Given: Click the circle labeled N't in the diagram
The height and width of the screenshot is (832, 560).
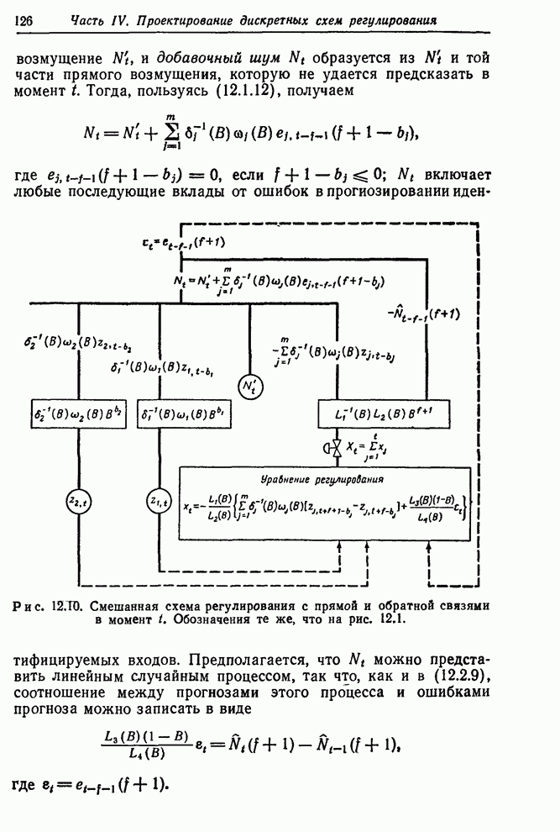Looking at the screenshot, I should (x=250, y=387).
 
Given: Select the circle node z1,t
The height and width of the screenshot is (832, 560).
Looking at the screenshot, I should (x=159, y=501).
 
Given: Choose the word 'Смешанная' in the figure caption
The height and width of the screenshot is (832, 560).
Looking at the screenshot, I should (x=126, y=604).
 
